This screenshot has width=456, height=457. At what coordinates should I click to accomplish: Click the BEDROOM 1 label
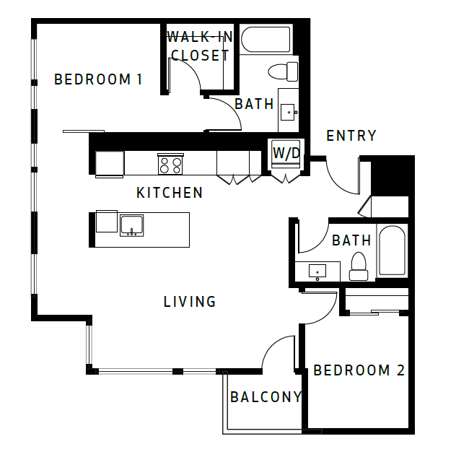click(98, 79)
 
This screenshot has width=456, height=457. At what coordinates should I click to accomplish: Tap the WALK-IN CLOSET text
click(199, 46)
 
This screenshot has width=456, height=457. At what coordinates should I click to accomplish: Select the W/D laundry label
click(286, 153)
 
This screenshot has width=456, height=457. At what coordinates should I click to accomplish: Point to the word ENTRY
click(351, 136)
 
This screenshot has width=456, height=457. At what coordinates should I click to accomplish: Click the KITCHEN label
click(170, 193)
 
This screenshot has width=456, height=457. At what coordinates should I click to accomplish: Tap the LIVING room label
click(190, 302)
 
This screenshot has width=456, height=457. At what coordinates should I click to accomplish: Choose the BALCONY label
click(266, 397)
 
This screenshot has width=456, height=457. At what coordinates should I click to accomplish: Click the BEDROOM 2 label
click(359, 370)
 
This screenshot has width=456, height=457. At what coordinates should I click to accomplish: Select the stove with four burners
click(170, 165)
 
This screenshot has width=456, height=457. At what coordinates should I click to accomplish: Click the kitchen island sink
click(131, 225)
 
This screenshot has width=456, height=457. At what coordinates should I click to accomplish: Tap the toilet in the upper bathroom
click(283, 71)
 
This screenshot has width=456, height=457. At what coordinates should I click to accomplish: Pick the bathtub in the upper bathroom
click(266, 40)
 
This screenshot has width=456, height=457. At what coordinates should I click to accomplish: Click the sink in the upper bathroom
click(289, 112)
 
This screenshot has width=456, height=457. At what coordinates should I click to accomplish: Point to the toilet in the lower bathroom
click(359, 266)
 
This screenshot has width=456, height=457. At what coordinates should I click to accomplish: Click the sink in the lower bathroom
click(317, 271)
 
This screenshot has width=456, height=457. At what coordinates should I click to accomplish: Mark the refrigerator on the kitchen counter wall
click(110, 163)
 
